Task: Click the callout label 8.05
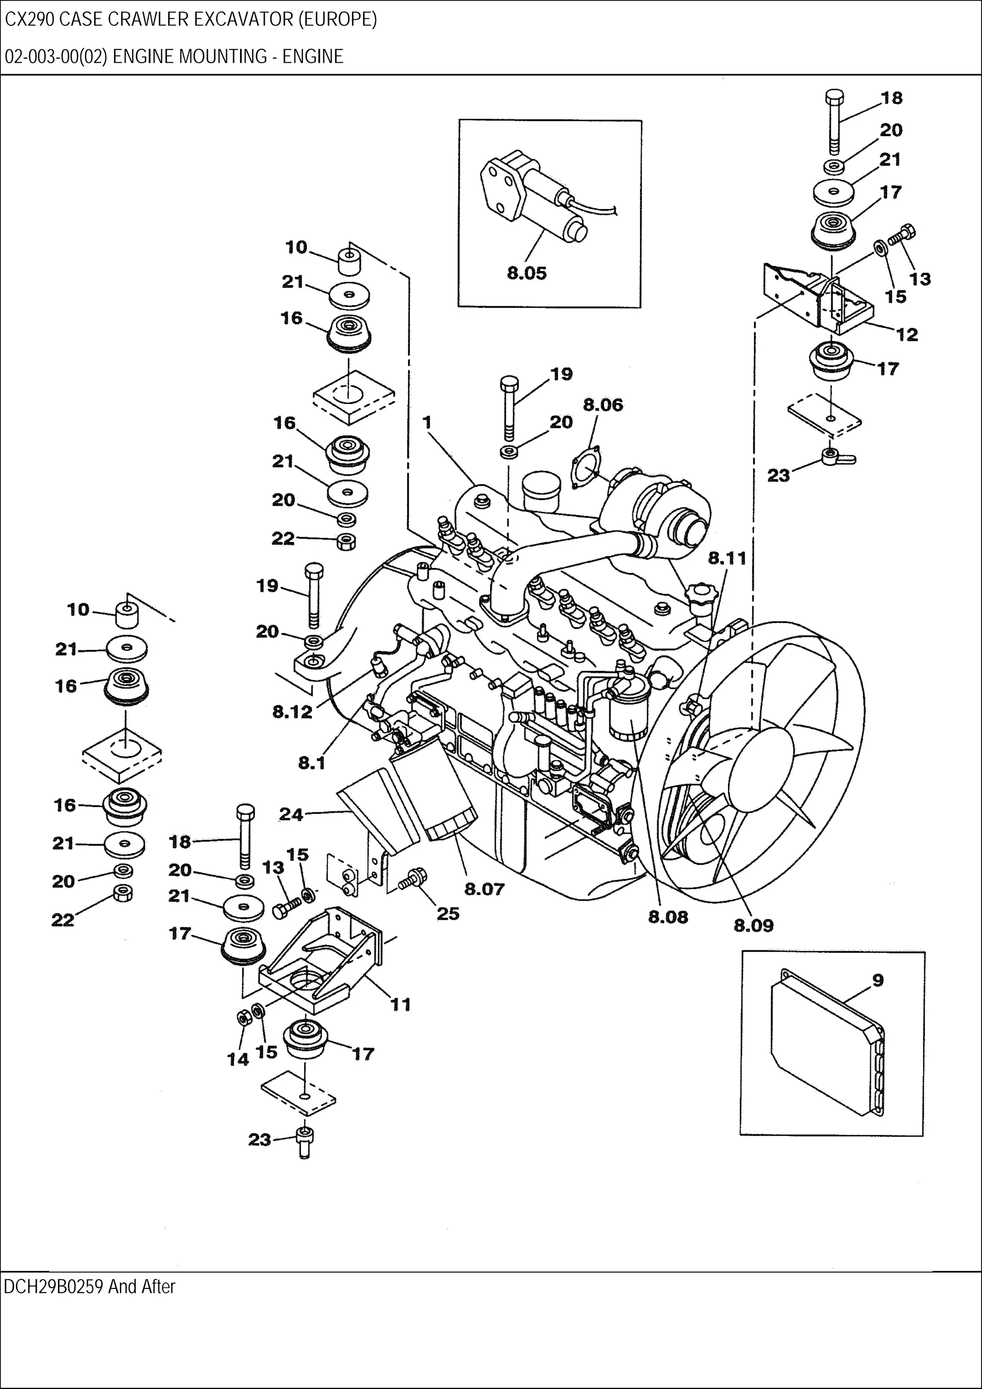click(526, 274)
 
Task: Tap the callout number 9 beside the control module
click(878, 980)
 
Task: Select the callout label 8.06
click(603, 405)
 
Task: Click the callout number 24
click(291, 814)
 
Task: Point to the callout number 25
click(448, 914)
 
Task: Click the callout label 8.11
click(727, 558)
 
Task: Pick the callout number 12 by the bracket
click(906, 335)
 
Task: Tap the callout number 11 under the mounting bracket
click(400, 1005)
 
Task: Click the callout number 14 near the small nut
click(238, 1059)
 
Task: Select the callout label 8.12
click(292, 712)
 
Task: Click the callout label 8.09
click(753, 925)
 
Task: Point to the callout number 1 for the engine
click(427, 422)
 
